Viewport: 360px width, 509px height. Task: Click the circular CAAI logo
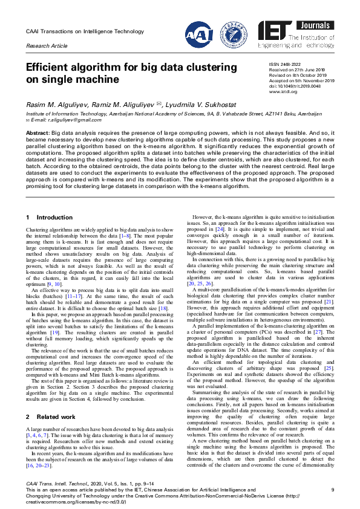click(x=198, y=34)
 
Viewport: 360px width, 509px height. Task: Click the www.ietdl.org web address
click(x=283, y=91)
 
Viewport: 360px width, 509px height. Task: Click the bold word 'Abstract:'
click(x=38, y=132)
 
